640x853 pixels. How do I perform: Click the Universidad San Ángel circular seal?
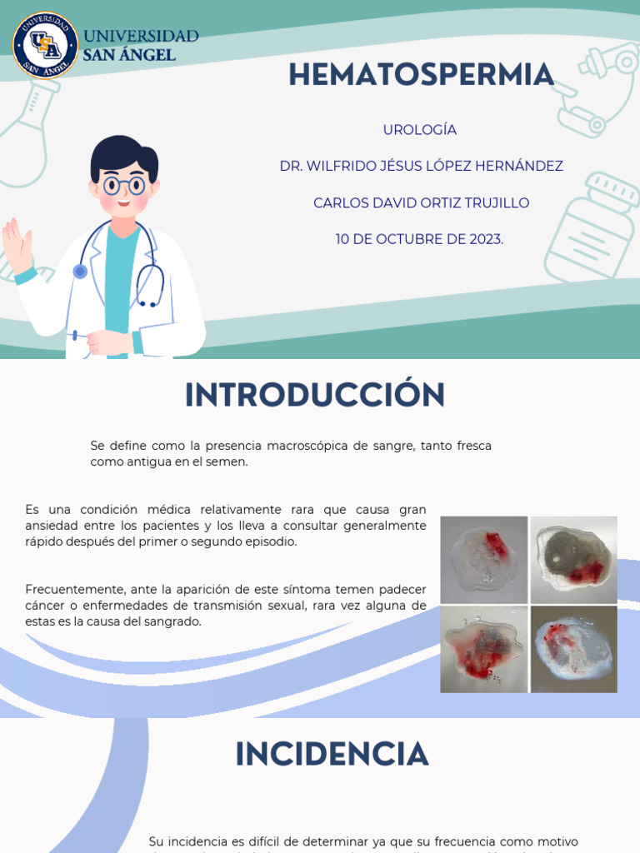45,45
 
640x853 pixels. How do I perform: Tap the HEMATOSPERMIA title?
421,75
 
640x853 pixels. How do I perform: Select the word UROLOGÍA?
420,130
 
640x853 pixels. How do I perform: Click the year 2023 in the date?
483,240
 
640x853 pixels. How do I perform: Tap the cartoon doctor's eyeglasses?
124,185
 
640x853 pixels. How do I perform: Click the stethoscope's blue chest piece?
80,271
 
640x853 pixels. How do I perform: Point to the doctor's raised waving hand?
17,244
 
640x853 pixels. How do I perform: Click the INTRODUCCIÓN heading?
315,395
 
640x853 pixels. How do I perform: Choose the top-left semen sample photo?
483,560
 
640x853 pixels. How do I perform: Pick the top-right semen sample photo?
574,560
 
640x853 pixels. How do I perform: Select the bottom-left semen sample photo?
483,649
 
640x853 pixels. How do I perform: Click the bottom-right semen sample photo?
574,649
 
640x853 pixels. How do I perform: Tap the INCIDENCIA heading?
332,755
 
